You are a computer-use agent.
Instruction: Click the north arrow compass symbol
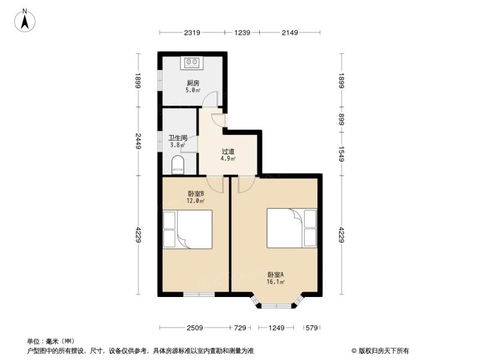[x=25, y=20]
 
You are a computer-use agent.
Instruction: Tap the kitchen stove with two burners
[x=191, y=63]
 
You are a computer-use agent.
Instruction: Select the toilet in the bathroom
[x=178, y=164]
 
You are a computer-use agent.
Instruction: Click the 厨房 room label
[x=193, y=83]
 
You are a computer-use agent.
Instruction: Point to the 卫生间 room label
[x=178, y=138]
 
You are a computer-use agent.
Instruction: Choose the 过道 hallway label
[x=228, y=151]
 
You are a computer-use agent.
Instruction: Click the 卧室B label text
[x=196, y=194]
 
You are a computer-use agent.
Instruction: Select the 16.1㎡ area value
[x=275, y=282]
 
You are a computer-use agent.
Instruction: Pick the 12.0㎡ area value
[x=196, y=201]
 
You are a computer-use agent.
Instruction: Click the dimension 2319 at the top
[x=192, y=32]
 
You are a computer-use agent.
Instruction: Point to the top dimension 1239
[x=242, y=32]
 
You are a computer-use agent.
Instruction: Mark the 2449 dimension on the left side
[x=138, y=141]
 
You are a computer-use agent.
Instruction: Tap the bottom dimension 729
[x=240, y=328]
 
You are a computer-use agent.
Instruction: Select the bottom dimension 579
[x=311, y=328]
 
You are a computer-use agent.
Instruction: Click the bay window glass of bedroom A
[x=277, y=305]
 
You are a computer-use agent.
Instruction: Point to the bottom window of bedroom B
[x=199, y=295]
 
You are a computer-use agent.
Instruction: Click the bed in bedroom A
[x=292, y=228]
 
